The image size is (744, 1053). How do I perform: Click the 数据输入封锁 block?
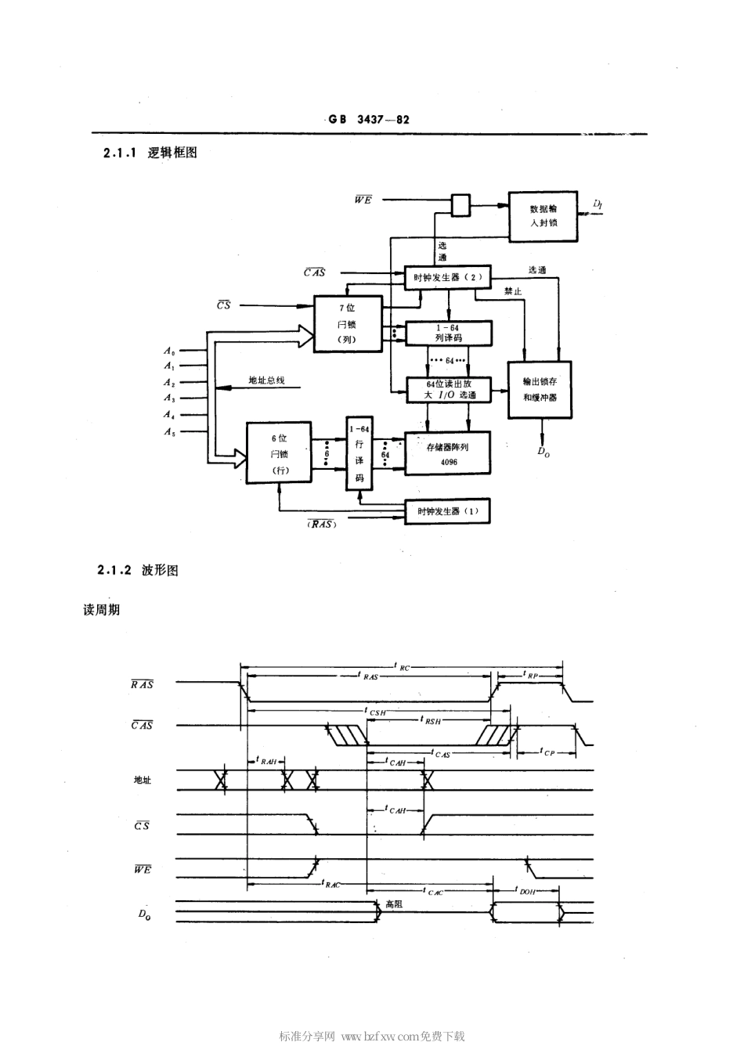(543, 216)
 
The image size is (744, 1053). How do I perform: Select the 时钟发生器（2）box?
(448, 277)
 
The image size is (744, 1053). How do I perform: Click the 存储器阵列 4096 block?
(448, 453)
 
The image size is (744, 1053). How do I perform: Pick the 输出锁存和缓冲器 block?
(540, 389)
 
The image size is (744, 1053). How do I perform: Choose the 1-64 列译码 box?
(448, 333)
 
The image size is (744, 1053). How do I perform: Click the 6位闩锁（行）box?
(279, 453)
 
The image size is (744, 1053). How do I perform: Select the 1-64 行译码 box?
(359, 453)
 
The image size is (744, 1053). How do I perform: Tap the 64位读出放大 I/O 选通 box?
(448, 389)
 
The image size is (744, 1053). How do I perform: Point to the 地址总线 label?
(266, 380)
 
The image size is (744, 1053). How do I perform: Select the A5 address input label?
(169, 431)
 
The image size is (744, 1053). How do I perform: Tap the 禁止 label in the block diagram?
(513, 291)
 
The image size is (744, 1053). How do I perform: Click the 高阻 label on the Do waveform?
(393, 903)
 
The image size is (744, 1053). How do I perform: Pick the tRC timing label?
(403, 667)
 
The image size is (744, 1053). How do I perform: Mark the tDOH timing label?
(528, 891)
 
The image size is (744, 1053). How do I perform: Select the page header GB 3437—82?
(369, 120)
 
